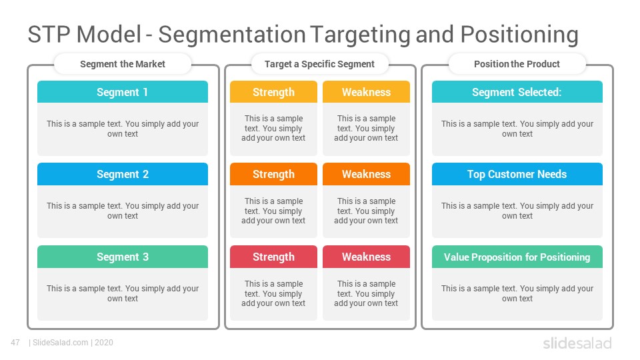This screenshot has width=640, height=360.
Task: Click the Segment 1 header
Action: tap(123, 92)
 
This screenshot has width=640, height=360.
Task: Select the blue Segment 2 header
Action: tap(123, 174)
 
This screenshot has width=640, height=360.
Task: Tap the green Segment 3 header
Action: tap(123, 257)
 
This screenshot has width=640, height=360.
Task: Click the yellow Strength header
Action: tap(273, 92)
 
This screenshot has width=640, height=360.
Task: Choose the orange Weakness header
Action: tap(366, 174)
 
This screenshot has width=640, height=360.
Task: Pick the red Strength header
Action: tap(273, 257)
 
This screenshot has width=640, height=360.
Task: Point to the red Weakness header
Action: tap(366, 257)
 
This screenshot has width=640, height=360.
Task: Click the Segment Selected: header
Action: tap(517, 92)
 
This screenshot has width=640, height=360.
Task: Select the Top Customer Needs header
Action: tap(517, 174)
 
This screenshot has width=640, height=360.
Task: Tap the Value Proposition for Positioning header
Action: tap(517, 257)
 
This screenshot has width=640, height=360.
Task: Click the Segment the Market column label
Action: tap(123, 64)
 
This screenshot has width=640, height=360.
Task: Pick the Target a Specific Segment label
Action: tap(319, 64)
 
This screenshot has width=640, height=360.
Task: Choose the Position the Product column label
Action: tap(517, 64)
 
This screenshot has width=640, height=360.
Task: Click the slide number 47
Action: tap(15, 343)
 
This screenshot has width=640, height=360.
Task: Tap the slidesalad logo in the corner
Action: tap(577, 343)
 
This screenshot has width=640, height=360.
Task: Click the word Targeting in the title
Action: tap(360, 34)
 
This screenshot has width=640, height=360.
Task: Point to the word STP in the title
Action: tap(49, 34)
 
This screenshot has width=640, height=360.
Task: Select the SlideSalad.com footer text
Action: tap(61, 343)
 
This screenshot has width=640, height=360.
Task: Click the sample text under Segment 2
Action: tap(123, 211)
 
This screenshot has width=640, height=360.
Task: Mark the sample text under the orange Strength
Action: tap(273, 211)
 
